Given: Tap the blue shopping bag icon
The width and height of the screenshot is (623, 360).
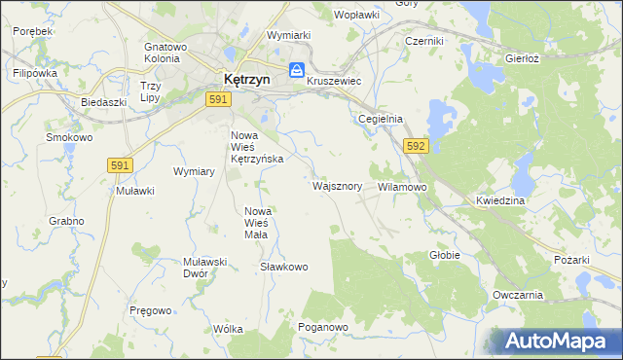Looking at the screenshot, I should pyautogui.click(x=297, y=70).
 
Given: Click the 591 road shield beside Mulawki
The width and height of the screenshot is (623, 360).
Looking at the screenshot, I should pyautogui.click(x=121, y=166).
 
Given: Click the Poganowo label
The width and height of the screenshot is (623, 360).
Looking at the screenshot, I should pyautogui.click(x=323, y=327).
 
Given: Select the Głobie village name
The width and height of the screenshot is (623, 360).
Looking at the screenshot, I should pyautogui.click(x=445, y=255).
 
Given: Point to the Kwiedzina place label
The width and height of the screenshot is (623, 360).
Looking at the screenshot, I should pyautogui.click(x=500, y=200).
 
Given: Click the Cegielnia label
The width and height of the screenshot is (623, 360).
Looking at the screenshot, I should pyautogui.click(x=381, y=119).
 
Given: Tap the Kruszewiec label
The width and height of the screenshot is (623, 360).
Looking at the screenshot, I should pyautogui.click(x=334, y=82).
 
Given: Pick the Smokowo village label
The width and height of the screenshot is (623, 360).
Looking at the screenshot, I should pyautogui.click(x=69, y=137).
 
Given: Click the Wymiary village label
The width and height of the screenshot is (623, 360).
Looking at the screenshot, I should pyautogui.click(x=194, y=171).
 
